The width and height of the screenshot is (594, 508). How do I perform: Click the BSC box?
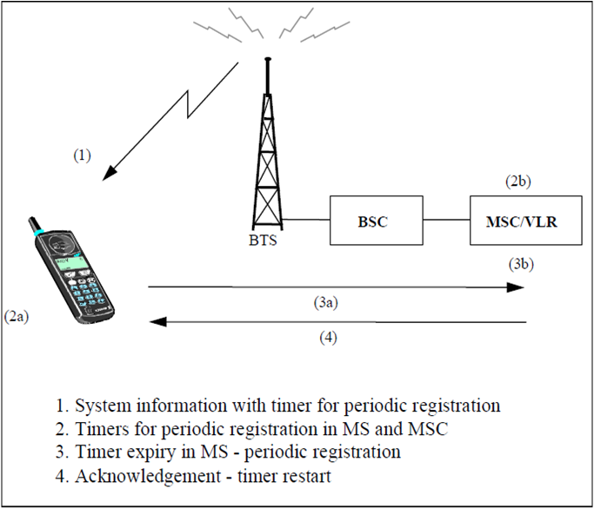(371, 221)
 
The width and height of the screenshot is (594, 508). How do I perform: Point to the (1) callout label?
(81, 156)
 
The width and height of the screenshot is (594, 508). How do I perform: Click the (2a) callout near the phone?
(17, 316)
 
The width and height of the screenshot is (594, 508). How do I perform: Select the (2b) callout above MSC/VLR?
(518, 183)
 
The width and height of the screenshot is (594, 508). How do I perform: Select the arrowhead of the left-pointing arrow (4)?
(156, 321)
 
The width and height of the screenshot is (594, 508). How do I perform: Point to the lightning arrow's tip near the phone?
(105, 179)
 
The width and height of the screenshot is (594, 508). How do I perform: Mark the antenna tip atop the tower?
(267, 59)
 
